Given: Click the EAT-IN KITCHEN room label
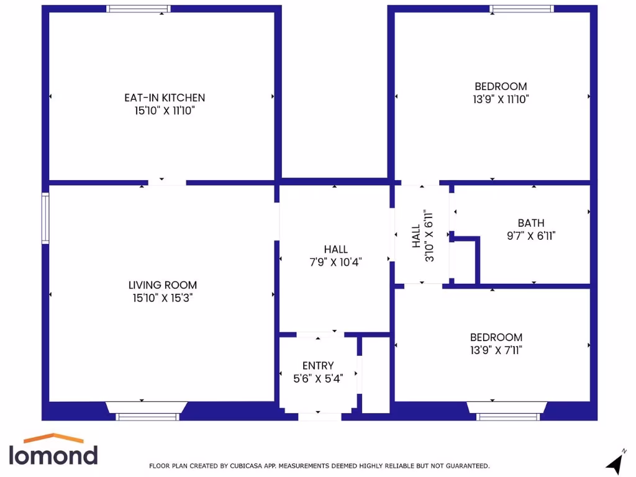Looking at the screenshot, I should tap(164, 98).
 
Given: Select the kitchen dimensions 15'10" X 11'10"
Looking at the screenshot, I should tap(164, 111).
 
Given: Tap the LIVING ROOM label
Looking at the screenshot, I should tap(163, 285).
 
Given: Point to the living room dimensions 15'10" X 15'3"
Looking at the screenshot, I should tap(163, 298).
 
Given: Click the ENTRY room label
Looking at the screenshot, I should tap(318, 366).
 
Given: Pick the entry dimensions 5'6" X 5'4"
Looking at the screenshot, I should tap(318, 378).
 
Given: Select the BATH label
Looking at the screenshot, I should tap(531, 223).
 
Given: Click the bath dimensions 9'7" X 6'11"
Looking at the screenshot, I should tap(531, 236).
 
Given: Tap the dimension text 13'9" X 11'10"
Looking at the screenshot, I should tap(501, 99).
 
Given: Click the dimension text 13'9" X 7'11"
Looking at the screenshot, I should tap(496, 350).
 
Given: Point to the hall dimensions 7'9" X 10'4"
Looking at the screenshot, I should tap(335, 262).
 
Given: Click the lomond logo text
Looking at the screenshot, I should tap(53, 455).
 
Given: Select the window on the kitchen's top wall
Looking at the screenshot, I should tap(138, 9).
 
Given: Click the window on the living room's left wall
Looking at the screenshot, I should tap(45, 218).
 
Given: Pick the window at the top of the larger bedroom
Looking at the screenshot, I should tap(521, 9).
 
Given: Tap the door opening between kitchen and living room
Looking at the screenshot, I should tap(167, 183).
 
